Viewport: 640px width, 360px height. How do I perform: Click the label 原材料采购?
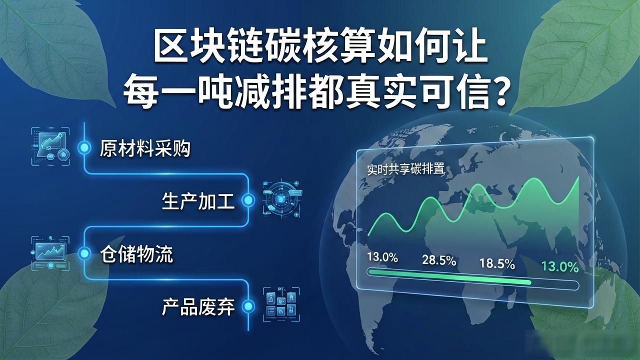pyautogui.click(x=145, y=148)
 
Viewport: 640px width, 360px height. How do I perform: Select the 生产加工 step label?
pyautogui.click(x=198, y=201)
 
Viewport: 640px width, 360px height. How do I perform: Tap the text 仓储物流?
pyautogui.click(x=136, y=254)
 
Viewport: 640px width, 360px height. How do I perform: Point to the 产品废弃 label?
pyautogui.click(x=198, y=307)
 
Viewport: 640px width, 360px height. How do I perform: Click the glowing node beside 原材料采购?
pyautogui.click(x=84, y=147)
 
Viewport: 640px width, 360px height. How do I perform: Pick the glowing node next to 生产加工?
pyautogui.click(x=248, y=200)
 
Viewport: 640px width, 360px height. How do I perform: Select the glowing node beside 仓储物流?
pyautogui.click(x=84, y=253)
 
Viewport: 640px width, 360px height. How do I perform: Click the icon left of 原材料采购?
pyautogui.click(x=50, y=146)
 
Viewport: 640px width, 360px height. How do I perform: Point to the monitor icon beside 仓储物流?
pyautogui.click(x=50, y=253)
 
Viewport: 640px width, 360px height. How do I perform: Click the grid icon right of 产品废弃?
pyautogui.click(x=281, y=304)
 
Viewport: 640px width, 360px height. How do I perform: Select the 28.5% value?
pyautogui.click(x=439, y=260)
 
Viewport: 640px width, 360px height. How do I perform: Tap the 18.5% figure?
pyautogui.click(x=497, y=263)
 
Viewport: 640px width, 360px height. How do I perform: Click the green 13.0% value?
pyautogui.click(x=560, y=267)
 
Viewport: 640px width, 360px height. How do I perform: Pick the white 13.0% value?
pyautogui.click(x=382, y=257)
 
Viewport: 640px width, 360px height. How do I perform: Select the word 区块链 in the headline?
pyautogui.click(x=208, y=47)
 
